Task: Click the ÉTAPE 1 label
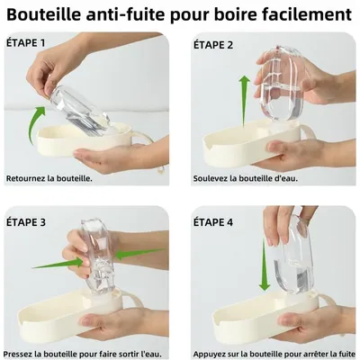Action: [26, 42]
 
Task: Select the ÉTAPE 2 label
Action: [213, 43]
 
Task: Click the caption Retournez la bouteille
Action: [49, 178]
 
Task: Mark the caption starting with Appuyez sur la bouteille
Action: [274, 352]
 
